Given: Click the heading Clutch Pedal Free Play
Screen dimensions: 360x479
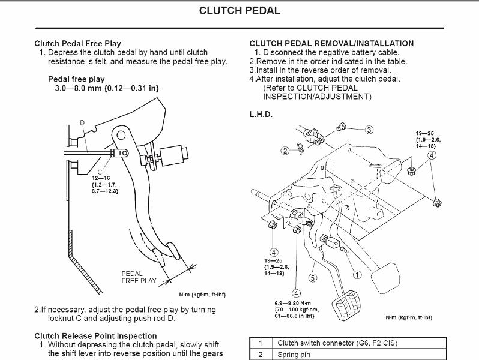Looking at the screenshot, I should point(78,43).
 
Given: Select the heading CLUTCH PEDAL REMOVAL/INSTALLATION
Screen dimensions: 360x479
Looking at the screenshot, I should point(331,43).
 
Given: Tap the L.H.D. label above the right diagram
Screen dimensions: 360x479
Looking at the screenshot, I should point(261,114).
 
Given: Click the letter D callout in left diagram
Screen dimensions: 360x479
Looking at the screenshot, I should point(82,123).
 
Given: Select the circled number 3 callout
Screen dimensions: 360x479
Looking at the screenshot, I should point(369,130).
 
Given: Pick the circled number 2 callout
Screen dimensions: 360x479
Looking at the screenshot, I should point(285,151).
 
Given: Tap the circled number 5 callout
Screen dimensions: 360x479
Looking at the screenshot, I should point(312,278).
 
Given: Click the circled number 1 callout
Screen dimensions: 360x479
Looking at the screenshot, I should point(357,275).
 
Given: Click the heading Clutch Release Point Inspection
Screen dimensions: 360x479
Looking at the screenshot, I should point(96,336).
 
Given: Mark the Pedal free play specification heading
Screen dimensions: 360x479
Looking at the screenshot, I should point(76,79).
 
